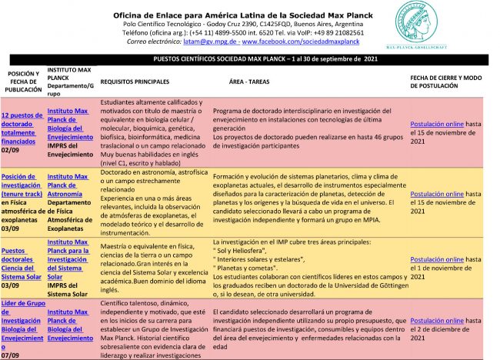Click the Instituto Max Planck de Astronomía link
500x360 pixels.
(x=68, y=185)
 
